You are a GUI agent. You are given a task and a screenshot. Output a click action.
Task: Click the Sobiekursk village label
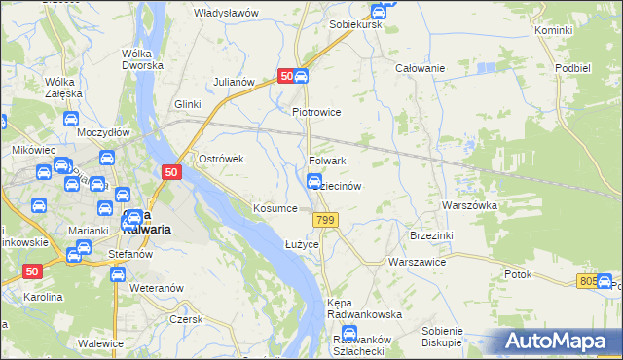point(354,23)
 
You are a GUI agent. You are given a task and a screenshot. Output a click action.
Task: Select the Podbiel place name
point(571,68)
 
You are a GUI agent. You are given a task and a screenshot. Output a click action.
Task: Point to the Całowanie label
point(420,68)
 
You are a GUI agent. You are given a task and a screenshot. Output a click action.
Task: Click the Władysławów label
point(226,13)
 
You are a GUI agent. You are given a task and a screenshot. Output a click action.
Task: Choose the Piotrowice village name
point(316,112)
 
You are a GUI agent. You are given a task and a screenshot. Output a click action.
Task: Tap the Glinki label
point(187,104)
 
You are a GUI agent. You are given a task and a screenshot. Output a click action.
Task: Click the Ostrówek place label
point(220,159)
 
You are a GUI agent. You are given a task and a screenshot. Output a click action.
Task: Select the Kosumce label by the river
point(275,209)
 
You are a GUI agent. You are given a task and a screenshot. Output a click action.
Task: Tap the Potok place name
point(518,274)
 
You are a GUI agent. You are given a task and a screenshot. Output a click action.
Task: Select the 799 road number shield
point(326,223)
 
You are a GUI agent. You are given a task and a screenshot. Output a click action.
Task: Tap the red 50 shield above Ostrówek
point(170,172)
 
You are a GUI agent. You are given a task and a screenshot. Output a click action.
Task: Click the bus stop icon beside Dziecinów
point(315,181)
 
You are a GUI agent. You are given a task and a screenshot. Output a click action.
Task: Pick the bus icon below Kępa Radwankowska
point(348,334)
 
